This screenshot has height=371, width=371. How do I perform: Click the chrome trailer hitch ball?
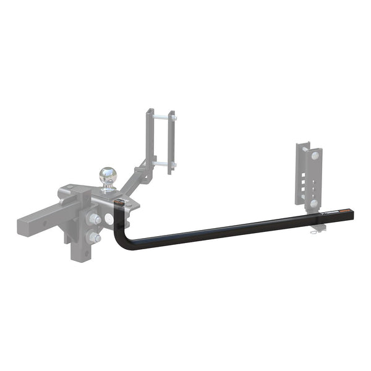click(x=108, y=174)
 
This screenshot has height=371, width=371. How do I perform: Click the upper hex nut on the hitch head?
click(x=95, y=219)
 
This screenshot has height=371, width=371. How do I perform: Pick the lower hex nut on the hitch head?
click(x=94, y=237)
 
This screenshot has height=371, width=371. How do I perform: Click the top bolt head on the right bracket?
click(x=315, y=156)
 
